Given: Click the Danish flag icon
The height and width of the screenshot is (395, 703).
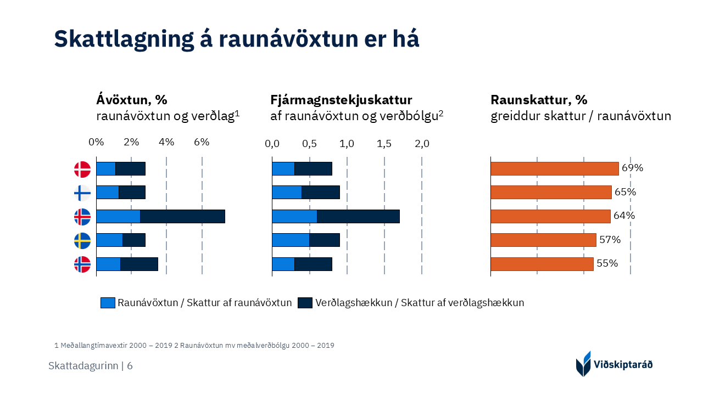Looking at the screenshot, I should pyautogui.click(x=82, y=169).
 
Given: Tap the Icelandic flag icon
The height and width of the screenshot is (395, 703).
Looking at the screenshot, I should pyautogui.click(x=82, y=217).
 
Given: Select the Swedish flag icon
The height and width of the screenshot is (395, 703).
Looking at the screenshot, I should pyautogui.click(x=82, y=241).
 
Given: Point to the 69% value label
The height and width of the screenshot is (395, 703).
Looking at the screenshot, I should pyautogui.click(x=632, y=168).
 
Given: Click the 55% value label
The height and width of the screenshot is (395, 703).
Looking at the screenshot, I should pyautogui.click(x=607, y=263).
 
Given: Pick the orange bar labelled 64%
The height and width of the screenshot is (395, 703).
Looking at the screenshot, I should pyautogui.click(x=550, y=216).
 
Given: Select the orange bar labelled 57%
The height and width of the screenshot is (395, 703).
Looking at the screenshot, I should pyautogui.click(x=543, y=240).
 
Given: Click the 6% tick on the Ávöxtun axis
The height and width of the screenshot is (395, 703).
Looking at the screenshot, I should pyautogui.click(x=202, y=142).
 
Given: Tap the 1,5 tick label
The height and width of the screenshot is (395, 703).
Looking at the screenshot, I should pyautogui.click(x=384, y=144).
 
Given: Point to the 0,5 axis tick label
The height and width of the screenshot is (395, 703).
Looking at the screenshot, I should pyautogui.click(x=309, y=144).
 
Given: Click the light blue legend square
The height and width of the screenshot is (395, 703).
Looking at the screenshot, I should pyautogui.click(x=108, y=303).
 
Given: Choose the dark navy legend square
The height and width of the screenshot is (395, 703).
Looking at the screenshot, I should pyautogui.click(x=305, y=303).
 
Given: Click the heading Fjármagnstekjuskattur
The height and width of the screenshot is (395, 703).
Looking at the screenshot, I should pyautogui.click(x=341, y=100).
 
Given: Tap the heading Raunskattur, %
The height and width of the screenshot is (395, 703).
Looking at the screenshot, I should pyautogui.click(x=538, y=100).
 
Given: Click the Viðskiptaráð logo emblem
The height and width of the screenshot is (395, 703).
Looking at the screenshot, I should pyautogui.click(x=583, y=364).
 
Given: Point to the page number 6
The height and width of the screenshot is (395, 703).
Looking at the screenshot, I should pyautogui.click(x=130, y=366).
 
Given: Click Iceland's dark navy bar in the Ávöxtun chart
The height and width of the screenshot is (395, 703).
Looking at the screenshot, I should pyautogui.click(x=182, y=216).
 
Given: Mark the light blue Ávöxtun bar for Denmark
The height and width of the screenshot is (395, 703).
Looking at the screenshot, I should pyautogui.click(x=106, y=168).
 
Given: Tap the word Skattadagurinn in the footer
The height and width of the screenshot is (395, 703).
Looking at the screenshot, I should pyautogui.click(x=83, y=366).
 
